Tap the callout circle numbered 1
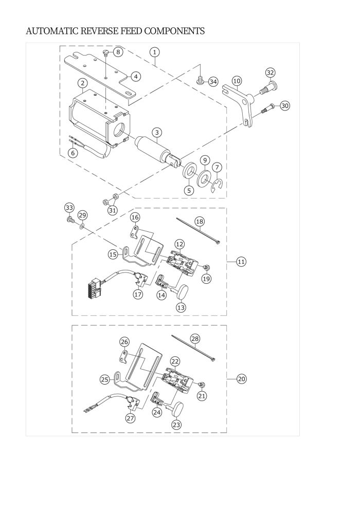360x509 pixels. [x=155, y=52]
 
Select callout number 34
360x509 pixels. [x=213, y=81]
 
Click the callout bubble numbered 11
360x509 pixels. [x=241, y=262]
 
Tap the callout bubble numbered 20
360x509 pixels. [x=242, y=379]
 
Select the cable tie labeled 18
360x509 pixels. [x=197, y=231]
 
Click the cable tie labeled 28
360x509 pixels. [x=193, y=348]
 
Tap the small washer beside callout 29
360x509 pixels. [x=82, y=225]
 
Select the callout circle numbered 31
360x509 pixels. [x=112, y=210]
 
